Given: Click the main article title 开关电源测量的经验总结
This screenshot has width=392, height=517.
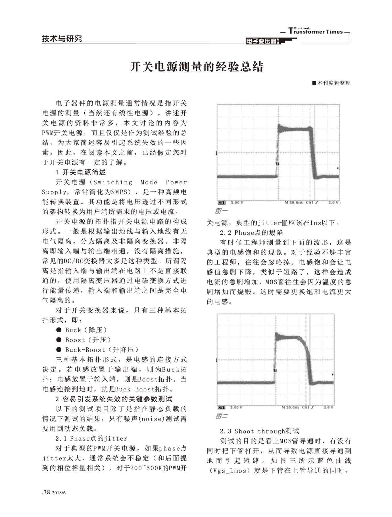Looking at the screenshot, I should tap(197, 67).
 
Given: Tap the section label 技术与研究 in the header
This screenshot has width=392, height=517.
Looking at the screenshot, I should tap(62, 39).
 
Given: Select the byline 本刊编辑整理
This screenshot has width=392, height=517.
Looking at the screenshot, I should tap(333, 83).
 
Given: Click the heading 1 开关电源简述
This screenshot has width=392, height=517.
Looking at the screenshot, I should tap(81, 172).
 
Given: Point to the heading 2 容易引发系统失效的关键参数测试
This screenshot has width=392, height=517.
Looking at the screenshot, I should tap(114, 399).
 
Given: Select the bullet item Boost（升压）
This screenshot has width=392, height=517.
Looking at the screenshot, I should tap(88, 340).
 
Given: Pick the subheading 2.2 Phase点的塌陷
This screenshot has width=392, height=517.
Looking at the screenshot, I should tap(251, 233).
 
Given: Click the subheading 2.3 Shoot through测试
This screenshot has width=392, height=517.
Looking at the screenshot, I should tap(259, 431).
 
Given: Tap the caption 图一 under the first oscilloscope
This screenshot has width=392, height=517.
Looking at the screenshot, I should tap(222, 211).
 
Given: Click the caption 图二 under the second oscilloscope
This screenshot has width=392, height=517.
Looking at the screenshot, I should tap(222, 416).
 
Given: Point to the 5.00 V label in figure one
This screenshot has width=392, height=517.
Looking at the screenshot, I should tap(237, 203).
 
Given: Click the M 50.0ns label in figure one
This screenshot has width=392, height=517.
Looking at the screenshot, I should tap(294, 203).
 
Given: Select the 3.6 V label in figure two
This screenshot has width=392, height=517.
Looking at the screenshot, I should tap(329, 407).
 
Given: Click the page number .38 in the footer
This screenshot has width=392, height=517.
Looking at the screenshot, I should tap(47, 493).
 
